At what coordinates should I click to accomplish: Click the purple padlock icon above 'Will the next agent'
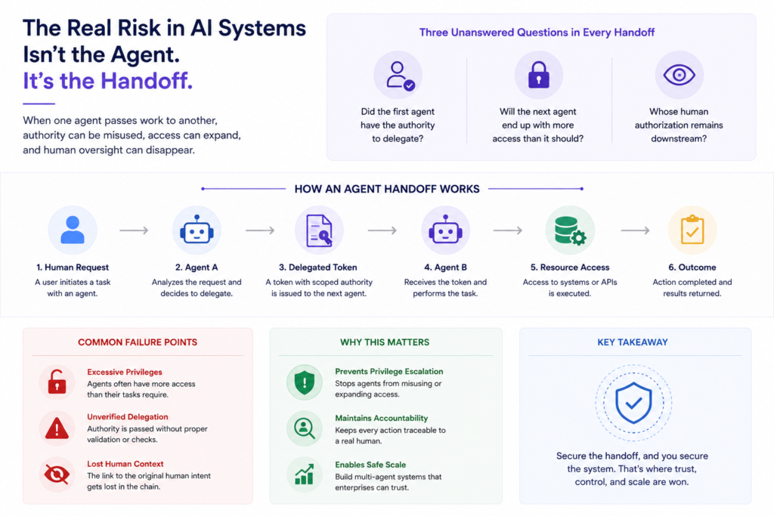pos(538,75)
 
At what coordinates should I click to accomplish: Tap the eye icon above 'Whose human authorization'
pos(680,75)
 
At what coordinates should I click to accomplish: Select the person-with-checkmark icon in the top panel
pos(400,76)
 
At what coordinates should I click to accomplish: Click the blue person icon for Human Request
pos(73,230)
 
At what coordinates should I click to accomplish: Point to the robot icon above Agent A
pos(197,230)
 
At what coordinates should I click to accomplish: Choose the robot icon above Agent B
pos(445,230)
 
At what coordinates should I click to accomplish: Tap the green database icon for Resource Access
pos(570,230)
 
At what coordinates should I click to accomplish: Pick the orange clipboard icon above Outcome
pos(692,230)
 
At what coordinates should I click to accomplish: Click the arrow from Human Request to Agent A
pos(134,230)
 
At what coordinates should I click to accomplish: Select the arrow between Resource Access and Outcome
pos(635,230)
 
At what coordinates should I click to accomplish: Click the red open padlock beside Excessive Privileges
pos(57,382)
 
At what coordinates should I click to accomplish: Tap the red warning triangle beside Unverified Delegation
pos(57,428)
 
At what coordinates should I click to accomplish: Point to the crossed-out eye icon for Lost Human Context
pos(57,474)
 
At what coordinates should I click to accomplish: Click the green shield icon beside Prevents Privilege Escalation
pos(305,382)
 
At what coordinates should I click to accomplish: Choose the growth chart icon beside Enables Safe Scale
pos(305,474)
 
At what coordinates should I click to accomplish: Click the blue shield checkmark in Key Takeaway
pos(634,403)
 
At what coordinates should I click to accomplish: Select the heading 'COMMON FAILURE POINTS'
pos(138,342)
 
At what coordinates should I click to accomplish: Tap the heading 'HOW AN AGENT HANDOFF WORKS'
pos(387,189)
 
